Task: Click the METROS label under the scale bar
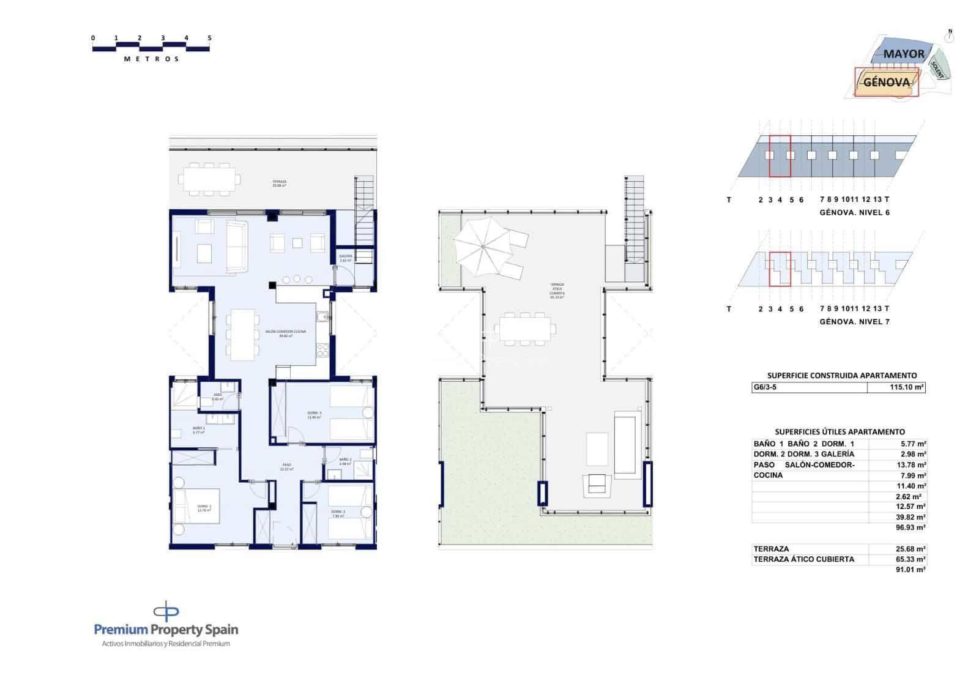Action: (x=151, y=59)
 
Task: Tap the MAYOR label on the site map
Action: (x=904, y=54)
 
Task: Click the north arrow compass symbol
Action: (x=950, y=36)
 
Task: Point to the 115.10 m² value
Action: (x=907, y=387)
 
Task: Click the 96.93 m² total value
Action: (x=911, y=527)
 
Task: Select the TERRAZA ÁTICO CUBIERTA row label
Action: (x=803, y=559)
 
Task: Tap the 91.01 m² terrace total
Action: (x=911, y=570)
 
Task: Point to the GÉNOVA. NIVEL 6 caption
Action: (x=854, y=212)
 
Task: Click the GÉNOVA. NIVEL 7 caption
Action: (x=854, y=322)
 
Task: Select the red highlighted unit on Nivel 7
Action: (x=780, y=269)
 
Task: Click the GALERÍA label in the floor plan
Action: (x=346, y=258)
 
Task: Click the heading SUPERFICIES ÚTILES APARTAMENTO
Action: (x=839, y=432)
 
